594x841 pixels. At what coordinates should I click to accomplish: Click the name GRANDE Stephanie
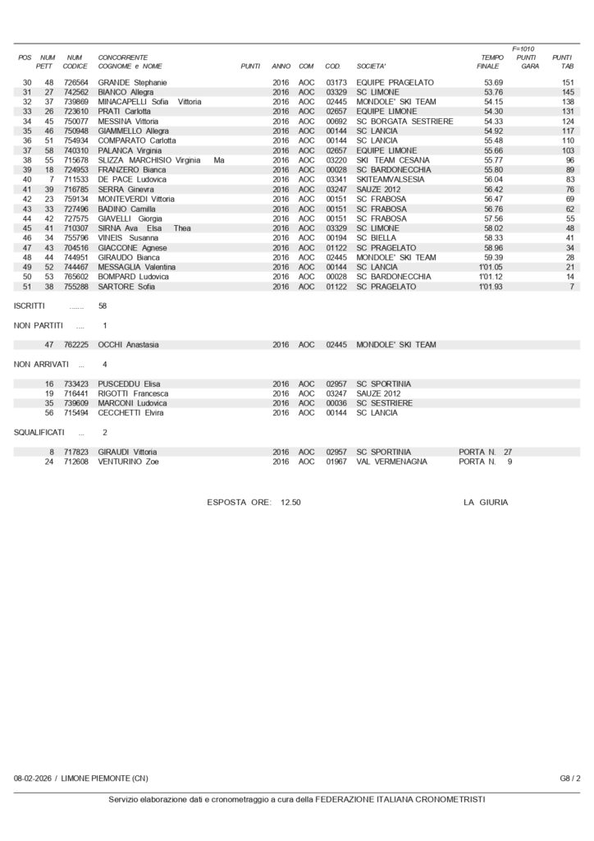point(132,83)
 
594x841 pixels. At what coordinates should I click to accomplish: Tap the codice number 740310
point(75,150)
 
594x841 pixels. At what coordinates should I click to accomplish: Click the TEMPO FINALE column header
point(491,62)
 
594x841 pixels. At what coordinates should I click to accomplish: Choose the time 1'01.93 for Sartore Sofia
point(490,287)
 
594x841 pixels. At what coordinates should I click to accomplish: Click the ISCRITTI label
point(30,306)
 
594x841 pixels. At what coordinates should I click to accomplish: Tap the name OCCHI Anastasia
point(128,345)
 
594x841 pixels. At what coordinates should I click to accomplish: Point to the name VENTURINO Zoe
point(128,462)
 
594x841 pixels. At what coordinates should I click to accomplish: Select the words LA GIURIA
point(485,502)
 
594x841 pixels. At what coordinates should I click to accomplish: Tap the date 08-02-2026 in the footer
point(33,778)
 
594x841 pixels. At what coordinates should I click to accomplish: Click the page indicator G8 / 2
point(570,778)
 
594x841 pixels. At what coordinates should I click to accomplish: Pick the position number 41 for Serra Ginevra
point(27,189)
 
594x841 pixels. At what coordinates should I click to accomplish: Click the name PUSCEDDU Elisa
point(129,384)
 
